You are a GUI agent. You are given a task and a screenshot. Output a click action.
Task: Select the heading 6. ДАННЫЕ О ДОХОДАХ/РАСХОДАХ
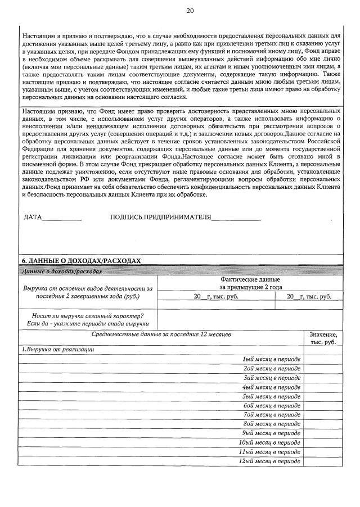coord(80,261)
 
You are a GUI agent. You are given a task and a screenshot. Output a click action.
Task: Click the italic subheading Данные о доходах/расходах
coord(62,271)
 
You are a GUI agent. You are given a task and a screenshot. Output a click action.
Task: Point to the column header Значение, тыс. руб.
coord(323,338)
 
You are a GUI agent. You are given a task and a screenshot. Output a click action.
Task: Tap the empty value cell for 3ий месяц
coord(323,378)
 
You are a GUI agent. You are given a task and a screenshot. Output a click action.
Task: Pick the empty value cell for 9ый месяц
coord(323,433)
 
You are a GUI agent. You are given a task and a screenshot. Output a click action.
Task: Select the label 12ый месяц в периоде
coord(269,461)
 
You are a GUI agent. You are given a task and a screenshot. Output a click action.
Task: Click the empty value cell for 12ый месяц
coord(323,461)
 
